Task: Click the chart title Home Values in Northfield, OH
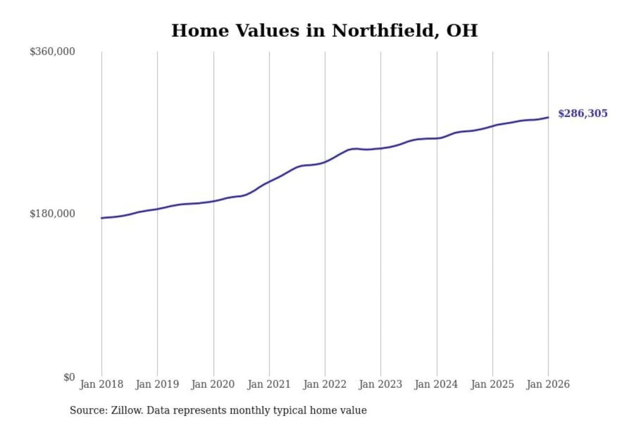pyautogui.click(x=324, y=31)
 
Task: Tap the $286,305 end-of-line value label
pyautogui.click(x=582, y=113)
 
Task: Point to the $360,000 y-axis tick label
pyautogui.click(x=52, y=52)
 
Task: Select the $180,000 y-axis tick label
pyautogui.click(x=52, y=214)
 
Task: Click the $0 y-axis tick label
pyautogui.click(x=69, y=377)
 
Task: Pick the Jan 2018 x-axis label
pyautogui.click(x=101, y=384)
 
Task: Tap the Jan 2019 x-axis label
pyautogui.click(x=157, y=384)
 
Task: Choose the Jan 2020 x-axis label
pyautogui.click(x=213, y=384)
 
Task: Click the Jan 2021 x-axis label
pyautogui.click(x=269, y=384)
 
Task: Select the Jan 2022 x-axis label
pyautogui.click(x=325, y=384)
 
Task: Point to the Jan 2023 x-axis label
pyautogui.click(x=381, y=384)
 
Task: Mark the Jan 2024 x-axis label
pyautogui.click(x=436, y=384)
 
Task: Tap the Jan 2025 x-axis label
pyautogui.click(x=492, y=384)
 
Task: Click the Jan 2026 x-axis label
pyautogui.click(x=548, y=384)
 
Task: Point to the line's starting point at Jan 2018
pyautogui.click(x=102, y=218)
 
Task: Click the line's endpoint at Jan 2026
pyautogui.click(x=548, y=117)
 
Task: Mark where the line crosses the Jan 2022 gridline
pyautogui.click(x=325, y=162)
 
